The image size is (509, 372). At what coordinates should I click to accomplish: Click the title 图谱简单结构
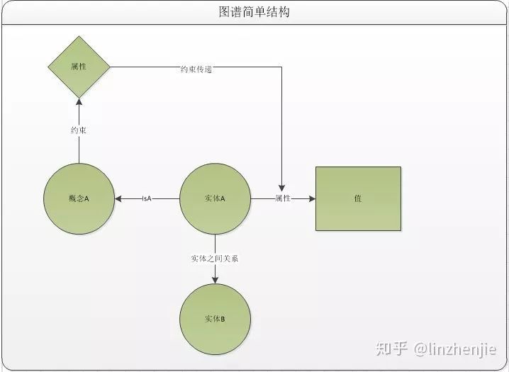pyautogui.click(x=254, y=12)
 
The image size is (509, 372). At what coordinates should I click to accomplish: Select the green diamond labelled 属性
pyautogui.click(x=79, y=67)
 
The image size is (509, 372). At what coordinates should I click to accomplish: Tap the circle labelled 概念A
pyautogui.click(x=79, y=199)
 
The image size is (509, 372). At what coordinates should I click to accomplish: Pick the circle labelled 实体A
pyautogui.click(x=215, y=199)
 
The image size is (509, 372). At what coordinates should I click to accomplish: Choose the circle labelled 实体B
pyautogui.click(x=215, y=319)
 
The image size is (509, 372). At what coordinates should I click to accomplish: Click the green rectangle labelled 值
pyautogui.click(x=358, y=199)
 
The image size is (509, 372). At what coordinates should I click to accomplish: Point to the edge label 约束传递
pyautogui.click(x=196, y=69)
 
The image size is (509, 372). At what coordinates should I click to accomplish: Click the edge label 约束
pyautogui.click(x=79, y=130)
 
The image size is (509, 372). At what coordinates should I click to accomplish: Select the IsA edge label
pyautogui.click(x=147, y=199)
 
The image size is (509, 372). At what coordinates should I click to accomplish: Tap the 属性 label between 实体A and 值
pyautogui.click(x=283, y=199)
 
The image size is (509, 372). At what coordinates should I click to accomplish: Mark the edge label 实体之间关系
pyautogui.click(x=215, y=259)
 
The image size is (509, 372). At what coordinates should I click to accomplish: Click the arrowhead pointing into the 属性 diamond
pyautogui.click(x=79, y=103)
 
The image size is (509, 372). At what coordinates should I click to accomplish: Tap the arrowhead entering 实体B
pyautogui.click(x=215, y=279)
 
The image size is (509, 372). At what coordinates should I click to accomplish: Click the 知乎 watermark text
pyautogui.click(x=392, y=349)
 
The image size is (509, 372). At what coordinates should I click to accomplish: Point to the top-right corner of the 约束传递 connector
pyautogui.click(x=282, y=67)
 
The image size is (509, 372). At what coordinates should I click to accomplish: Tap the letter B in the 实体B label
pyautogui.click(x=223, y=320)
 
